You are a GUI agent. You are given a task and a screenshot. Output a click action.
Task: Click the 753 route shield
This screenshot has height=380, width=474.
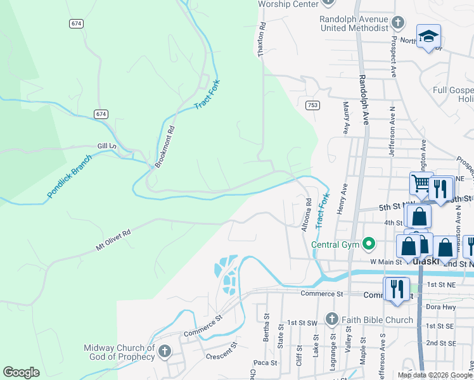click(312, 104)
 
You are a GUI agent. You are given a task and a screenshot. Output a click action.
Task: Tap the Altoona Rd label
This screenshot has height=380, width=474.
click(307, 215)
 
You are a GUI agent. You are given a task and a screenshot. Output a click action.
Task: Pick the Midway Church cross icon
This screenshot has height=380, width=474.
click(164, 351)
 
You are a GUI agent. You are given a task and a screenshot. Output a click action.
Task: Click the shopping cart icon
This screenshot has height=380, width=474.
click(421, 183)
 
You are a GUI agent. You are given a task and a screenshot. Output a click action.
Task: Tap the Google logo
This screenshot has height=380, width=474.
click(21, 372)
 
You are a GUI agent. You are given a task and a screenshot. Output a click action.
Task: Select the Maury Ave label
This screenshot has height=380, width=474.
click(346, 118)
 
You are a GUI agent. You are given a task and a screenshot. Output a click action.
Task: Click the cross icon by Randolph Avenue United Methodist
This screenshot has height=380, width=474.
click(397, 23)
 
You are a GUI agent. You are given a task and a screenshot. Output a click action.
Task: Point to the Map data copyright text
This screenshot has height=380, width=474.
click(434, 375)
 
